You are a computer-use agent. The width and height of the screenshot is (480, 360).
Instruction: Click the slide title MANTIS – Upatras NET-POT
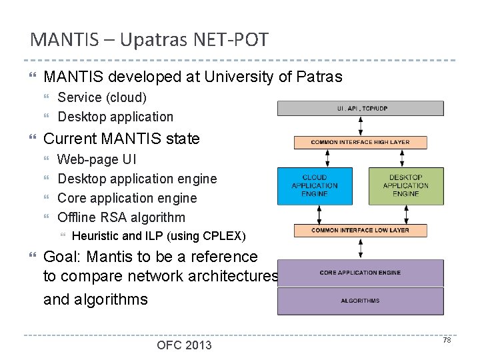149,39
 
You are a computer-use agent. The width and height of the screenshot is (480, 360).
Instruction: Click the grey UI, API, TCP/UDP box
361,108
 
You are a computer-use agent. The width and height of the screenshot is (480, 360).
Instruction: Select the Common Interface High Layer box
361,142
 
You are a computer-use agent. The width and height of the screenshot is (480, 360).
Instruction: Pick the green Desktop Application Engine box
405,185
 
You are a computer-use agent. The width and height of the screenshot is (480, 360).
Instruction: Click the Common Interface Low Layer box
361,231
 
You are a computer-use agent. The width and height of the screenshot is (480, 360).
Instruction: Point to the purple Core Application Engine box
361,273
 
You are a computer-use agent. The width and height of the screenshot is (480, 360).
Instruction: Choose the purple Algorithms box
361,301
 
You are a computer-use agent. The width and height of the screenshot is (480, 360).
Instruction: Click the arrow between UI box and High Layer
361,126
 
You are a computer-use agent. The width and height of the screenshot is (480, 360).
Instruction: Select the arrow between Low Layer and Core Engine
361,248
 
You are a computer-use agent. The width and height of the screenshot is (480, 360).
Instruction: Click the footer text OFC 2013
184,345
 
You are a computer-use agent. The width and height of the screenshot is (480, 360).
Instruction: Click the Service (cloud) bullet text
102,97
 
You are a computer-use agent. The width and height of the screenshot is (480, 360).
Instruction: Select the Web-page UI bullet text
97,159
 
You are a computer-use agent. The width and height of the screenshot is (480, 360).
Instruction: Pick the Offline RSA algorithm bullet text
121,217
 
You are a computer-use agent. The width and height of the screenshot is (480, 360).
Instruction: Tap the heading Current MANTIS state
121,139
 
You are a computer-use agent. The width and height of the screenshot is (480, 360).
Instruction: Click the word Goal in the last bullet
60,257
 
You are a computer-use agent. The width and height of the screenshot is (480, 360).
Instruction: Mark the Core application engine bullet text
127,198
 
